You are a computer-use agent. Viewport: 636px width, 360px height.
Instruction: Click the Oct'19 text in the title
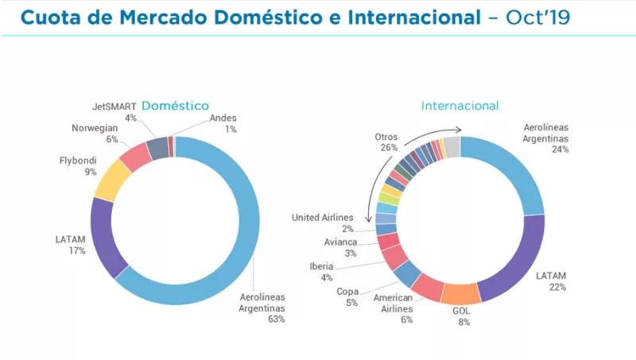coord(538,17)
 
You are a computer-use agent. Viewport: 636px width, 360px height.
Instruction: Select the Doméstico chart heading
coord(175,105)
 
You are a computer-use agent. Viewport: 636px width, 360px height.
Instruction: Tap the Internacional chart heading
coord(460,105)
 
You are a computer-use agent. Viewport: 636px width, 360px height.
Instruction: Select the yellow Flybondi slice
coord(112,179)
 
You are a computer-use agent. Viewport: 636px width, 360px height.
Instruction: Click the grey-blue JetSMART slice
coord(157,146)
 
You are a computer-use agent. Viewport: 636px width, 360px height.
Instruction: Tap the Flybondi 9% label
coord(78,165)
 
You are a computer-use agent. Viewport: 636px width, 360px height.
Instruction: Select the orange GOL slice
coord(461,293)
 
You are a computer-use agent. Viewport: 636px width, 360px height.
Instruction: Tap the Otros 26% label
coord(388,142)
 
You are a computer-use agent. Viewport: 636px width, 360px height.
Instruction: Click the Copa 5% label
coord(349,296)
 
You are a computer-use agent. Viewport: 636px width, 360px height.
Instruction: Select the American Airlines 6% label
coord(394,308)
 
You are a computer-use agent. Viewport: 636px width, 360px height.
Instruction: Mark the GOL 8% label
coord(461,318)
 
